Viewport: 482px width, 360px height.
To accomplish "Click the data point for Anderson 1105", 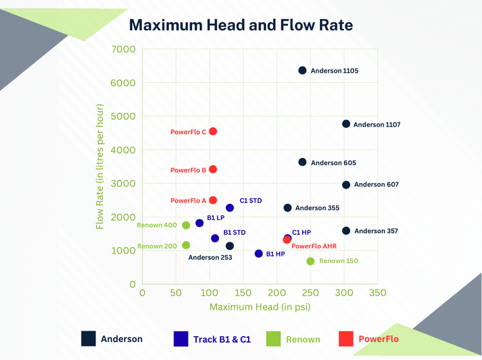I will [303, 70].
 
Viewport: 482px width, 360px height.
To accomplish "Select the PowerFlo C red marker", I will [213, 131].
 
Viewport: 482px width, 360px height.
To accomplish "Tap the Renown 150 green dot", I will [310, 261].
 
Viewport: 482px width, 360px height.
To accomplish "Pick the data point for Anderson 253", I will [230, 246].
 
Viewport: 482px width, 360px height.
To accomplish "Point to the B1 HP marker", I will [259, 253].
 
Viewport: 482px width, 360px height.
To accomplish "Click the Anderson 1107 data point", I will [346, 123].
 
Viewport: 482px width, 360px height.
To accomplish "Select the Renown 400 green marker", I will [186, 225].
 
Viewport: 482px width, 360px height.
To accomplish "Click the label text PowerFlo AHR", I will [314, 246].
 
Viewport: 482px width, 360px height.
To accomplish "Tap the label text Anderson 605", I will [334, 163].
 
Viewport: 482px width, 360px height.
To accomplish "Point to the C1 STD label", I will [251, 201].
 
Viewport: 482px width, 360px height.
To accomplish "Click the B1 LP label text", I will [215, 218].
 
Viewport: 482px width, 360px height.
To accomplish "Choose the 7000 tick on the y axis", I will [123, 50].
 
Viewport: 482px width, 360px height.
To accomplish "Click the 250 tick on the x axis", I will [310, 292].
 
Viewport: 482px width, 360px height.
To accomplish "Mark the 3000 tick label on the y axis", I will [123, 184].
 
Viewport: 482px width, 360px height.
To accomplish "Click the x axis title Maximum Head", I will [260, 307].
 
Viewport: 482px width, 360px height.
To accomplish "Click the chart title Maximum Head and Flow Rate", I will [241, 25].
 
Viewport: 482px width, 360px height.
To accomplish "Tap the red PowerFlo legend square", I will [346, 338].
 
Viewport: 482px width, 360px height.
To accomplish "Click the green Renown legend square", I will [274, 338].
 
